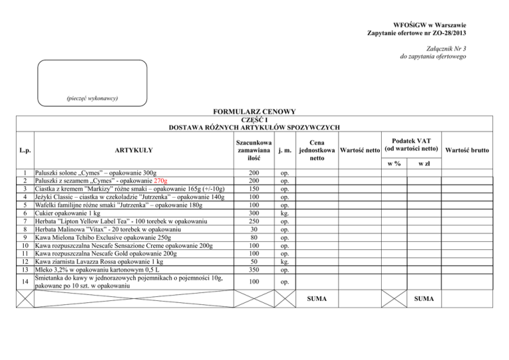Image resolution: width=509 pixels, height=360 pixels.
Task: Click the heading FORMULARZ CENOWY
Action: [x=254, y=112]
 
